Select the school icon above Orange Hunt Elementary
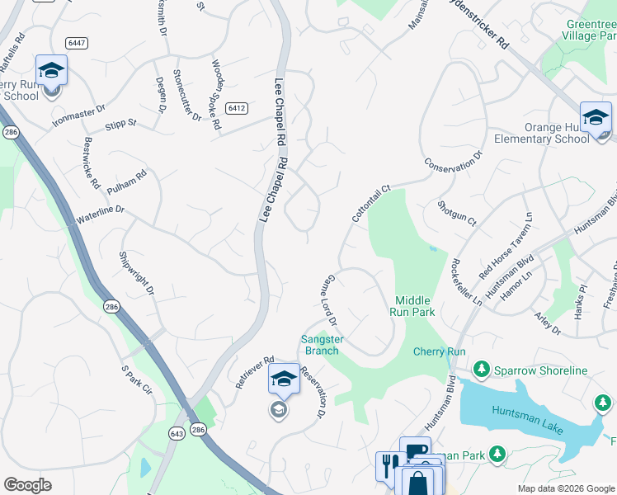[595, 118]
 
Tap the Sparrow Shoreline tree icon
[480, 370]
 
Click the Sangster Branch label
[321, 345]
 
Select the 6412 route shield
[238, 108]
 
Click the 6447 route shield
[76, 42]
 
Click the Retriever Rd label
[254, 372]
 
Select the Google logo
[27, 485]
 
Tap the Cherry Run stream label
[440, 351]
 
